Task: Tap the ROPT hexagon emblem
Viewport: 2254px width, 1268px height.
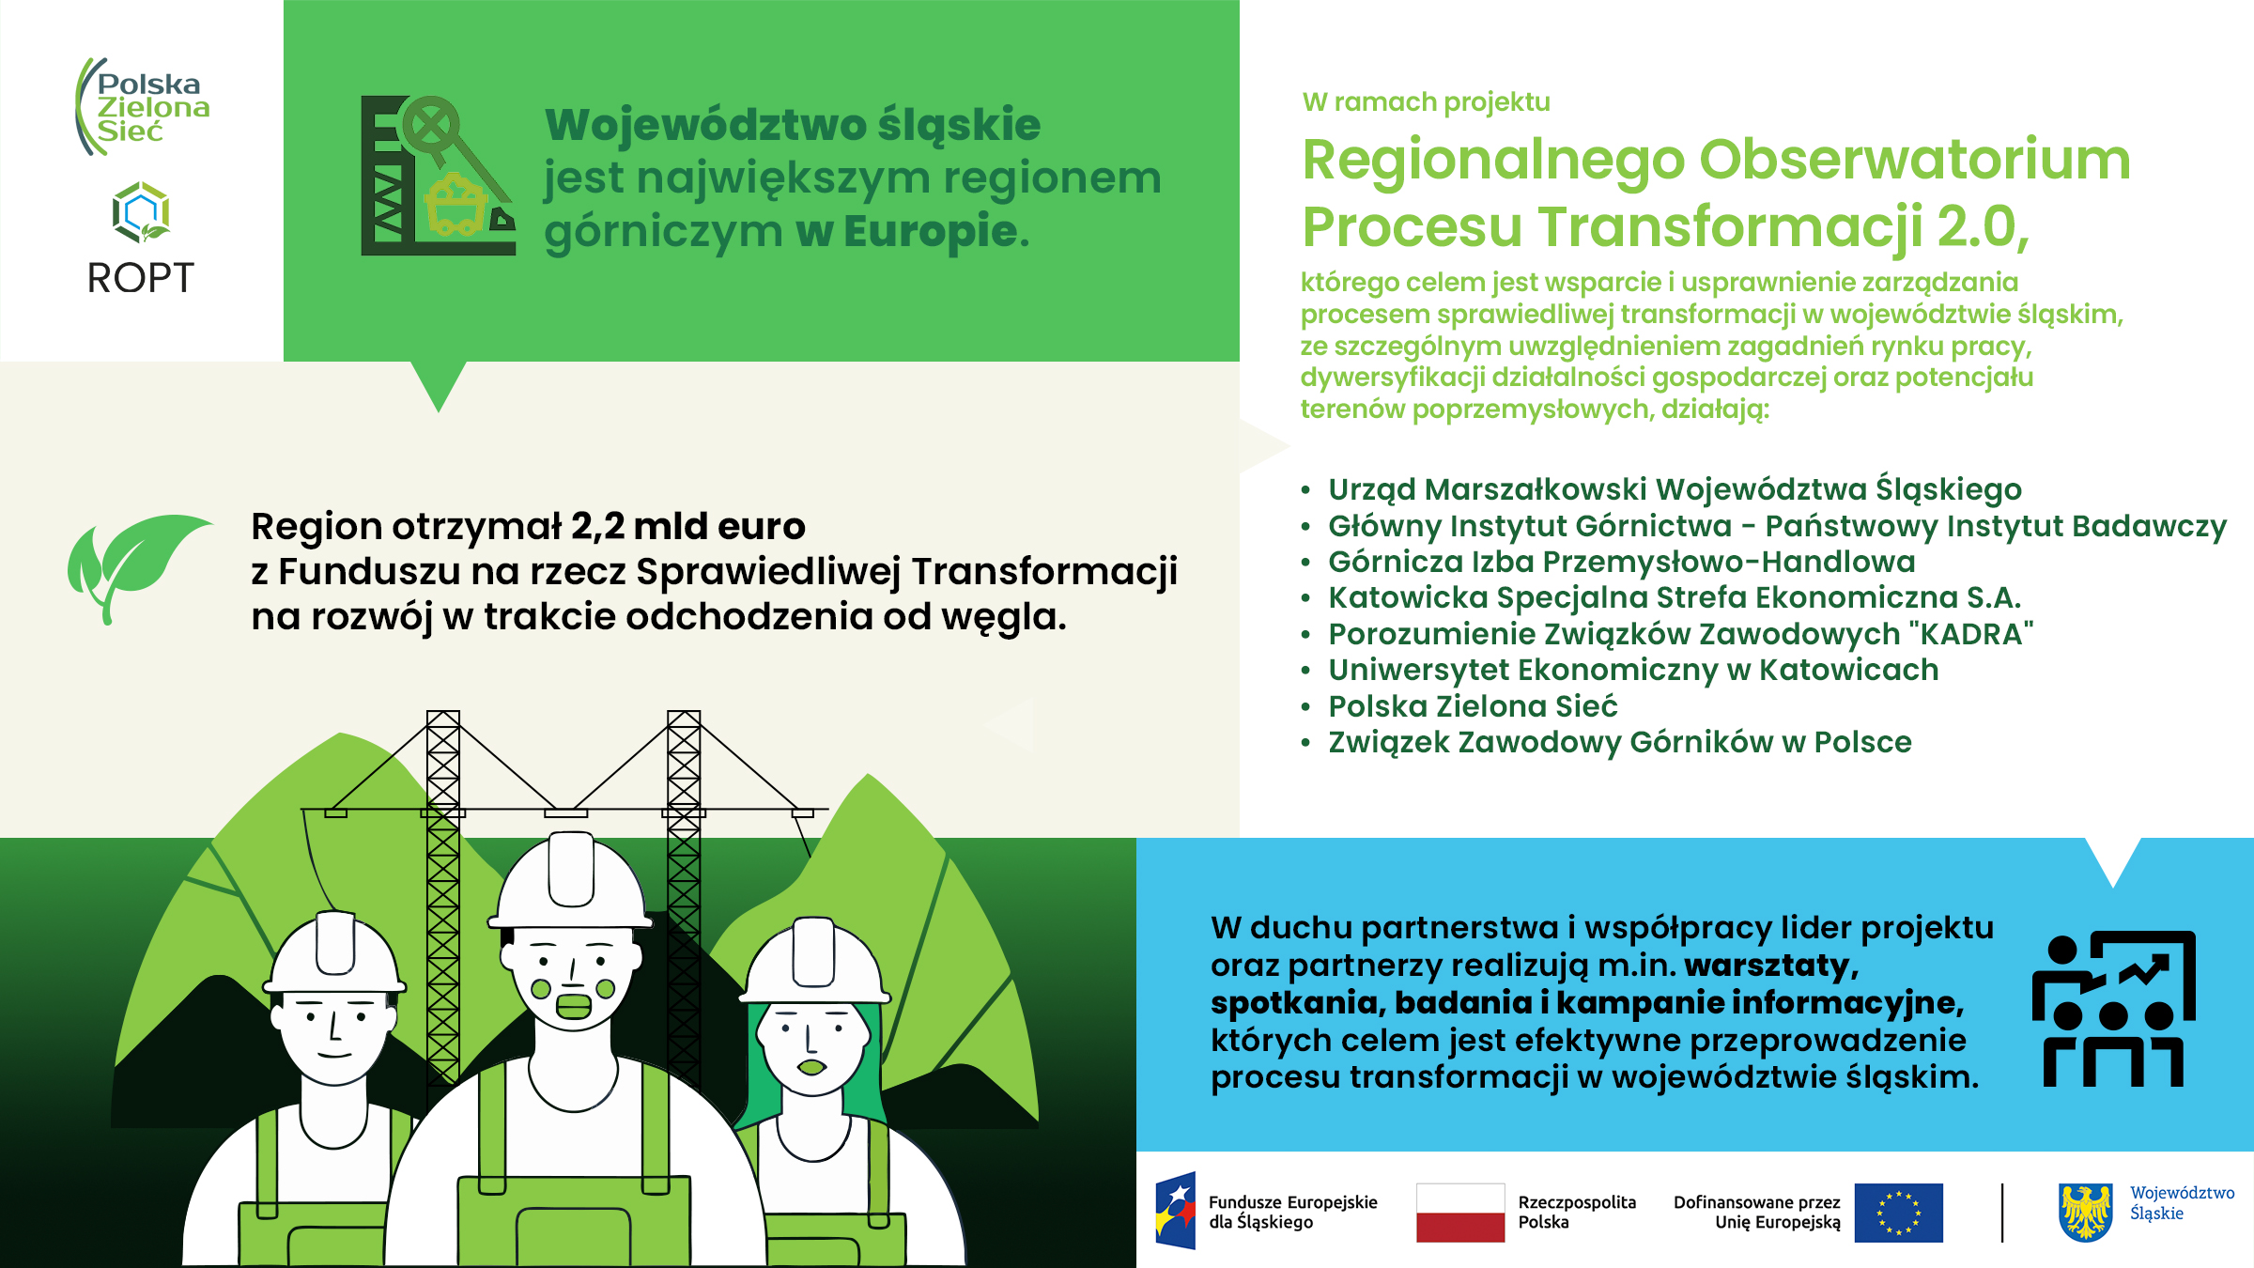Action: pos(141,212)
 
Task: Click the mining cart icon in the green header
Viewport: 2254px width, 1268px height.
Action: pos(456,205)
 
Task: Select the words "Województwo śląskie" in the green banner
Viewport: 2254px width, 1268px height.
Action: pos(793,125)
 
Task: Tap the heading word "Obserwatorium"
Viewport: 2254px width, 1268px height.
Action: pos(1915,160)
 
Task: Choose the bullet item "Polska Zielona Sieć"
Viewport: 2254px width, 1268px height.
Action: pos(1473,706)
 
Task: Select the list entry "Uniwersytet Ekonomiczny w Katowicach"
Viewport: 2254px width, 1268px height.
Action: pos(1632,670)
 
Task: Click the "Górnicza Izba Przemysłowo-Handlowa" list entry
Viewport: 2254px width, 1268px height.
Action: pos(1621,562)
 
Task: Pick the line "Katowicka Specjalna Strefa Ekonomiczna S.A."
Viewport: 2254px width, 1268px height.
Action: pos(1674,597)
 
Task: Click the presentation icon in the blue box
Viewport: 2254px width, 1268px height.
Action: pos(2113,1009)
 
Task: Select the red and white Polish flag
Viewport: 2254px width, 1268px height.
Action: pos(1459,1213)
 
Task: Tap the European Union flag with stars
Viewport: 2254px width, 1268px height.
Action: pos(1898,1213)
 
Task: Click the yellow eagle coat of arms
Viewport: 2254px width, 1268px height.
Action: pos(2085,1212)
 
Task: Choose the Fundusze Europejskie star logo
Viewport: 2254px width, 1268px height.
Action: pos(1177,1210)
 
